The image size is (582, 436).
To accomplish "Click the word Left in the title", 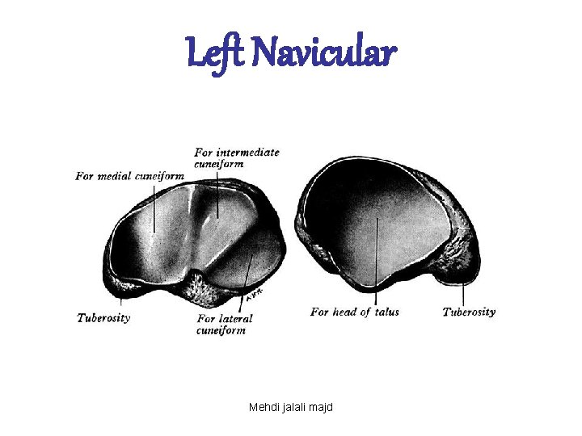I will point(212,54).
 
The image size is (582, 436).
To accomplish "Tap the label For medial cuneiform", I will point(129,176).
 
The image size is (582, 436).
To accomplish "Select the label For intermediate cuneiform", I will point(236,157).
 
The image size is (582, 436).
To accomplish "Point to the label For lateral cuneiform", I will point(224,324).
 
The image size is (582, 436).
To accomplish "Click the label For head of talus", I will point(354,312).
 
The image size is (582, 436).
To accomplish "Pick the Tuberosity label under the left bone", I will point(103,317).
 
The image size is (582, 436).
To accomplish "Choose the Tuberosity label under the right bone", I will point(469,312).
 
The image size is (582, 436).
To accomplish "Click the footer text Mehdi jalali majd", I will point(291,407).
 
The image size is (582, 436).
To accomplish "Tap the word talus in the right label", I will point(386,312).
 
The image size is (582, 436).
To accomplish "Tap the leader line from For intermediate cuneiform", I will point(217,194).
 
